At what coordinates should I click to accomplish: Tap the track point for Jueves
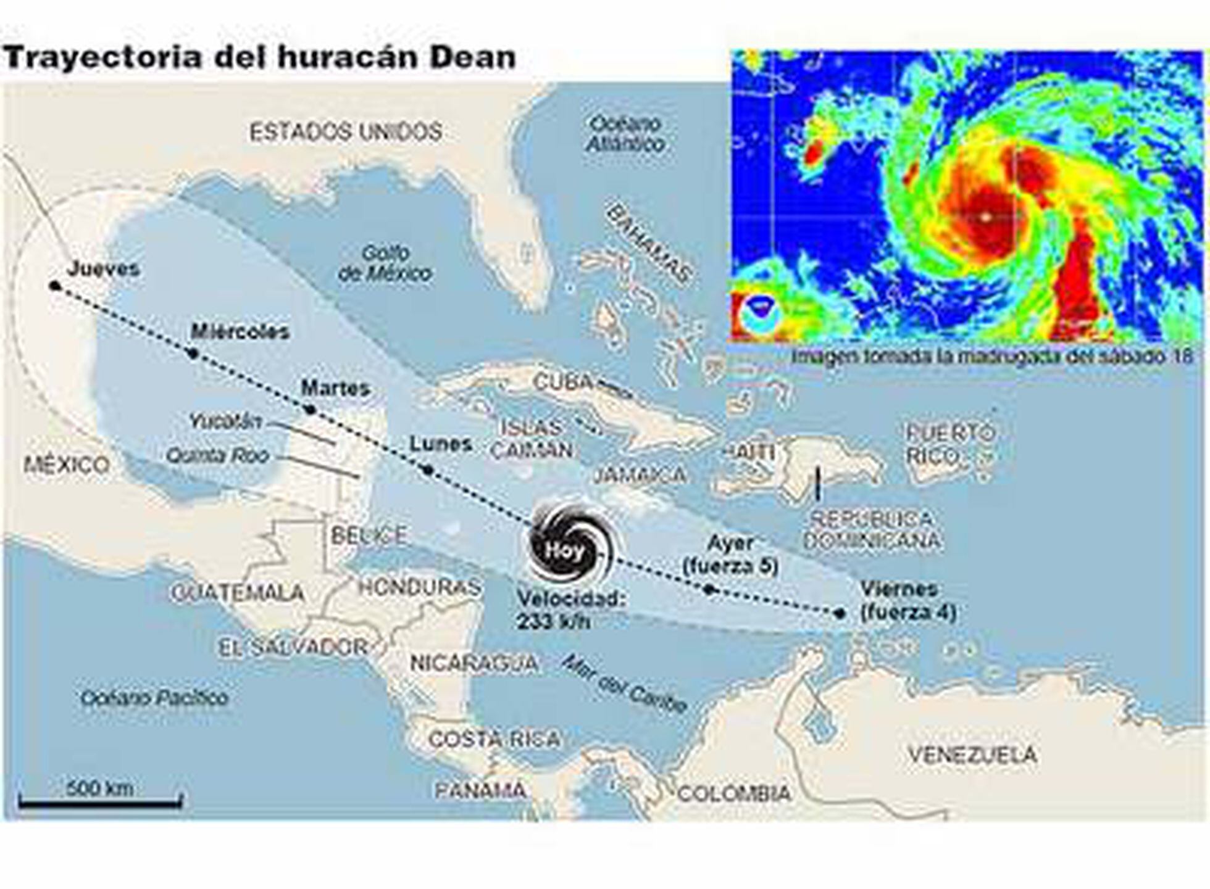pos(55,286)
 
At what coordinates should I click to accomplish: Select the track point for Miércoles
pos(193,354)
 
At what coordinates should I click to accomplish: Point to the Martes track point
pos(311,410)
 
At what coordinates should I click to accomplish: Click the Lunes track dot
pos(428,470)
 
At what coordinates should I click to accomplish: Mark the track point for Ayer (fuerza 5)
pos(709,589)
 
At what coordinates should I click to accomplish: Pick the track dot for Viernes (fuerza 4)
pos(839,613)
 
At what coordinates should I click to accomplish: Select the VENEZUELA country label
pos(972,755)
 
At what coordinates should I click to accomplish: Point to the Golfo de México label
pos(385,263)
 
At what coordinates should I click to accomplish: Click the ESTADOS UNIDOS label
pos(346,131)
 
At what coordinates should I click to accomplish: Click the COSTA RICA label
pos(494,738)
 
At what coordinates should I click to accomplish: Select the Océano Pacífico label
pos(154,698)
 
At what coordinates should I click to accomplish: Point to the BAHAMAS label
pos(649,243)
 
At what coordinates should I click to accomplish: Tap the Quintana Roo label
pos(218,455)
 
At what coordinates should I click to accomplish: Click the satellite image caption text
pos(992,356)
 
